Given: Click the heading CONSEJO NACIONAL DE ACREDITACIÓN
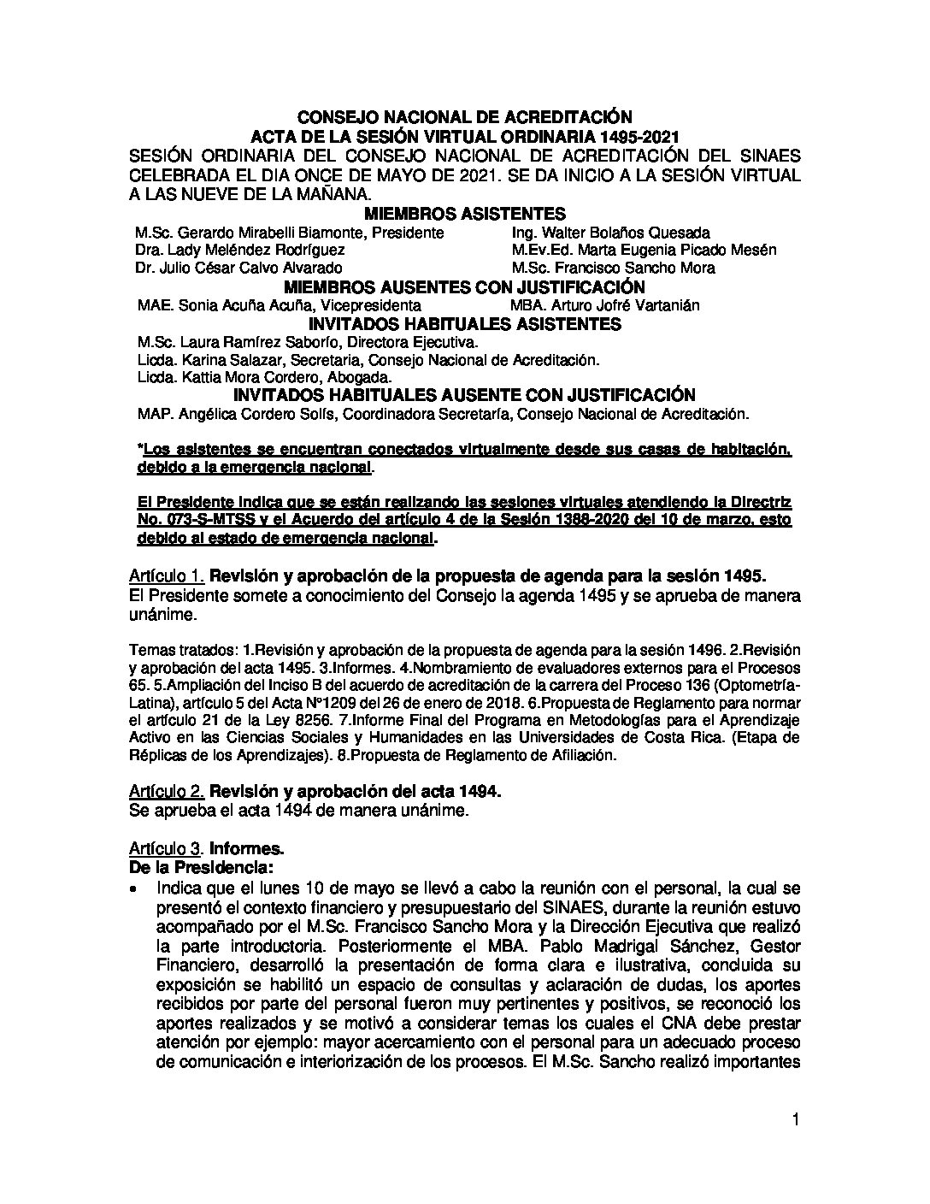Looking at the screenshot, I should (464, 117).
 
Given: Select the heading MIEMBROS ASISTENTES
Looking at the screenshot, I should (464, 214).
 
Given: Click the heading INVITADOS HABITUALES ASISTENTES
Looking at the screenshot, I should (464, 324).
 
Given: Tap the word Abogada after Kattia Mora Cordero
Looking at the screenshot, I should (360, 377).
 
